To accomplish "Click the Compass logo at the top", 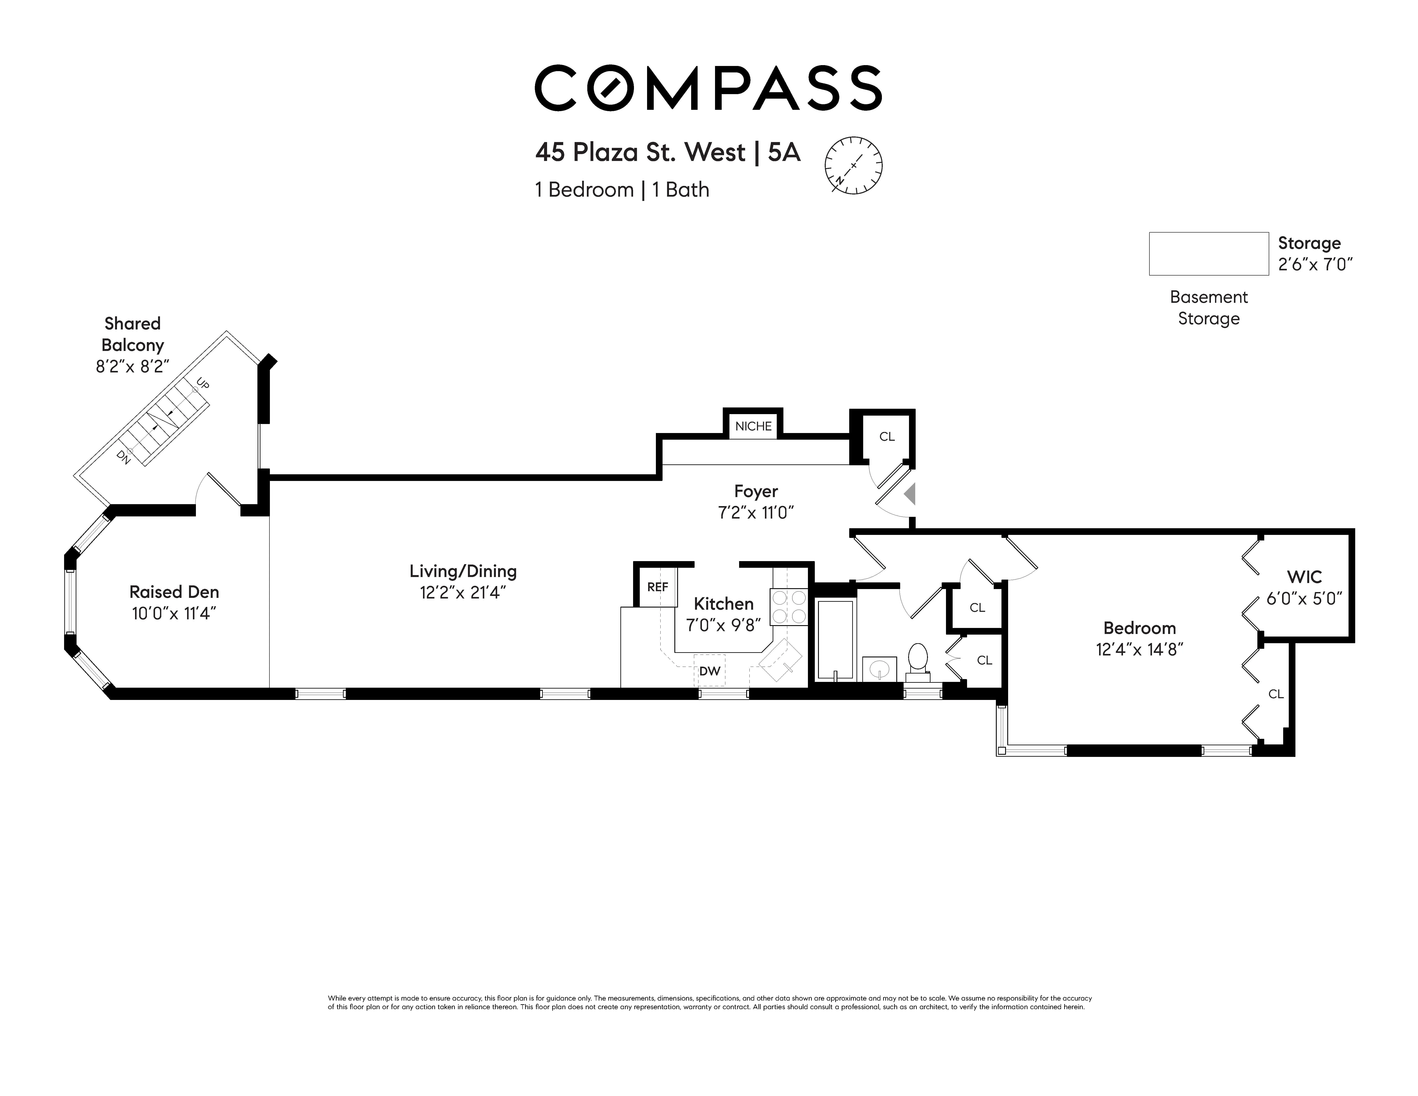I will pos(708,88).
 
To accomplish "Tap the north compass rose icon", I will pos(853,165).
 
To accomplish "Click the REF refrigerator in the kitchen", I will pos(657,587).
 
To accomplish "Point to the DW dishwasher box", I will pos(710,671).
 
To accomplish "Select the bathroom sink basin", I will pos(879,668).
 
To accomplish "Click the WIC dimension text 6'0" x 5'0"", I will pos(1304,598).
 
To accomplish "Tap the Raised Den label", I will pos(174,592).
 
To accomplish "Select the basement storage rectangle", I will pos(1208,254).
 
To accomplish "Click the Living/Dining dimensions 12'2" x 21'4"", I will pos(462,592).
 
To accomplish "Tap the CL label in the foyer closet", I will pos(887,437).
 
